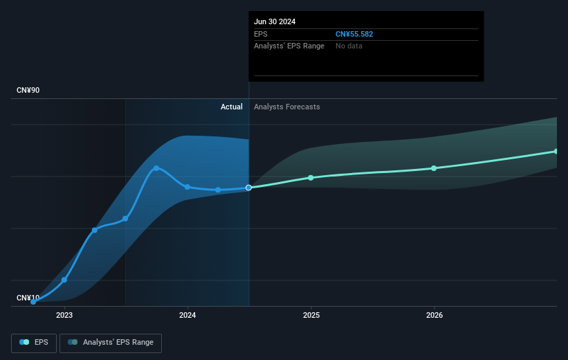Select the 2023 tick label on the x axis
[x=64, y=316]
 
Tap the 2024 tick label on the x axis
[x=187, y=316]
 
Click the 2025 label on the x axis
[x=311, y=316]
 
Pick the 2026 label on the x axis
[x=434, y=316]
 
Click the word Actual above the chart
[x=231, y=107]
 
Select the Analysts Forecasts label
[x=287, y=107]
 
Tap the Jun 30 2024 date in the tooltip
[x=275, y=21]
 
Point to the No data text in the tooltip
[x=349, y=46]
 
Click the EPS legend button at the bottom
[x=35, y=343]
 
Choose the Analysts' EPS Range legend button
[x=111, y=343]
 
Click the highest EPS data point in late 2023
[x=156, y=168]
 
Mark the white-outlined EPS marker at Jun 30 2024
[x=248, y=188]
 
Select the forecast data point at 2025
[x=311, y=178]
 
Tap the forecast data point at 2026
[x=434, y=168]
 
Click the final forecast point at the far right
[x=556, y=151]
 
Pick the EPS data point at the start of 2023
[x=64, y=280]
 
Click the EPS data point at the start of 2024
[x=187, y=187]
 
